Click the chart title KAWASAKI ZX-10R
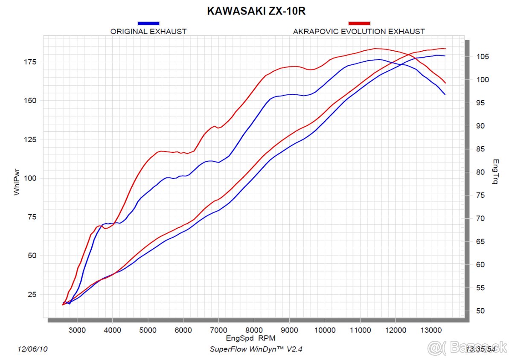[x=256, y=11]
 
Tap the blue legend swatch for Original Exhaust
[x=148, y=23]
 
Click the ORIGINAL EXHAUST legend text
[x=148, y=32]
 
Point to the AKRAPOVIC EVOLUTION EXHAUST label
[x=359, y=32]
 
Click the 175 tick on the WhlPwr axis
[x=31, y=62]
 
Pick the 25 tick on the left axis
[x=32, y=295]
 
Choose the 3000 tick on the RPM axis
[x=77, y=330]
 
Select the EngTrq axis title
[x=495, y=172]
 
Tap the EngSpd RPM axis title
[x=251, y=338]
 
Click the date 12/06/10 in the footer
[x=32, y=349]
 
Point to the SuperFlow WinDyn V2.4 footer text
[x=256, y=349]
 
